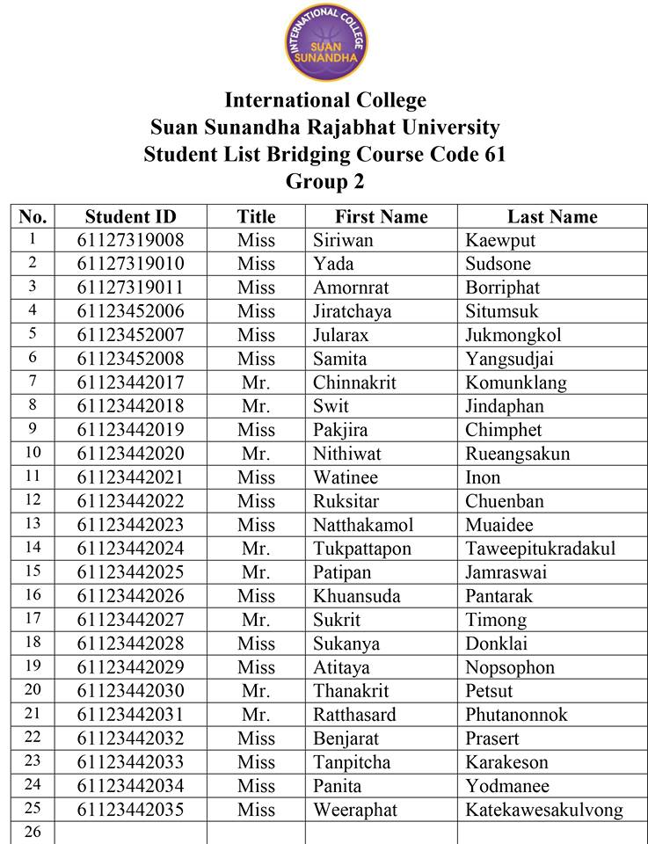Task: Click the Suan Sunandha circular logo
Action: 324,41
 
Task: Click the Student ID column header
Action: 130,216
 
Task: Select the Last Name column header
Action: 551,216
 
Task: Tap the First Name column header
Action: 381,216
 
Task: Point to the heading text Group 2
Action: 324,181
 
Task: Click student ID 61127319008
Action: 130,240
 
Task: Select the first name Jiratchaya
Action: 352,311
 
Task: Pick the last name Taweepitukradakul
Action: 540,549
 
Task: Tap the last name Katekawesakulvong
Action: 543,810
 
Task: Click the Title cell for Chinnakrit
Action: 256,382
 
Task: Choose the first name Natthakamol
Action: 362,525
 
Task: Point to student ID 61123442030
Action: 130,691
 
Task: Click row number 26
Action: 33,832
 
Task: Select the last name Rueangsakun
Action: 517,454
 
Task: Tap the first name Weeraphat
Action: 355,810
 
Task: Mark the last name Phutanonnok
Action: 516,715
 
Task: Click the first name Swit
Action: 331,406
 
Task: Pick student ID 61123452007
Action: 130,335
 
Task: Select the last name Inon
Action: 483,477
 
